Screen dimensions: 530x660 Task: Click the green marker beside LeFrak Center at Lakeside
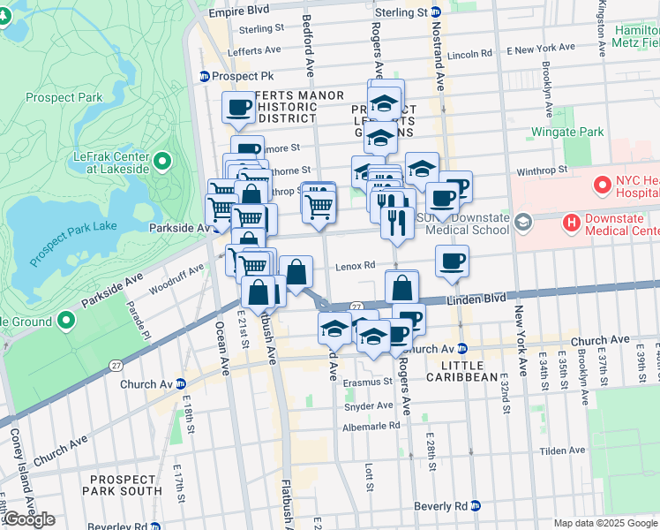pos(162,161)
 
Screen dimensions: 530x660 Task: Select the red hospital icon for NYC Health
pos(603,185)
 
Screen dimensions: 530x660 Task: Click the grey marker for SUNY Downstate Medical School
pos(523,220)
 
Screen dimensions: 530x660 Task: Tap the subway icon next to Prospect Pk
pos(205,76)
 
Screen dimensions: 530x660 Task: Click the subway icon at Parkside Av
pos(217,227)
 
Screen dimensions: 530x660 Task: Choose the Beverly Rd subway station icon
pos(476,506)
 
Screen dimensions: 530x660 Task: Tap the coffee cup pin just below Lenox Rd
pos(452,261)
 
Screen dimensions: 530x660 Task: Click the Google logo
pos(28,519)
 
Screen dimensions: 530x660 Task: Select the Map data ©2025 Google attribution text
pos(605,523)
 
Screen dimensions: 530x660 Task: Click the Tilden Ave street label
pos(562,450)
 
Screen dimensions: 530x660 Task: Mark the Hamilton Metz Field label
pos(635,35)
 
